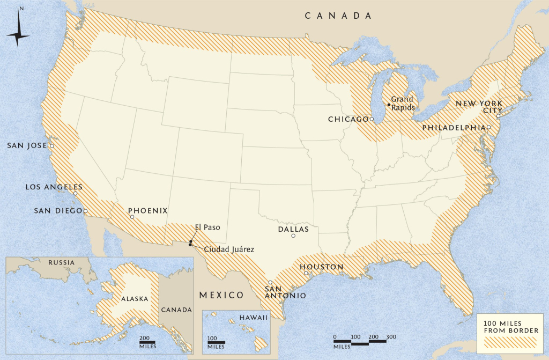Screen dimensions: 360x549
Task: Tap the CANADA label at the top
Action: click(338, 16)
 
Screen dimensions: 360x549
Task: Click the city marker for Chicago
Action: click(372, 119)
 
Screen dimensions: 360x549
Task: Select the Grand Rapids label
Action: click(402, 103)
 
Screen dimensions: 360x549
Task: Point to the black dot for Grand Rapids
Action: click(389, 105)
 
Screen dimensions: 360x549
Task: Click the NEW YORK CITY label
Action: click(479, 106)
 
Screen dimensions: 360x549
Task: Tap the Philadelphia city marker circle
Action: click(489, 128)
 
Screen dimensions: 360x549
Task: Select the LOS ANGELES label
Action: click(54, 187)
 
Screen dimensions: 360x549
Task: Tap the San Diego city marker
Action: click(85, 211)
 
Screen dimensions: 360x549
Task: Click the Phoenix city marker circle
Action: click(132, 217)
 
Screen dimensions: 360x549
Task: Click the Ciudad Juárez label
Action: click(229, 249)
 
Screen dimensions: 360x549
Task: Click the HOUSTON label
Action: click(321, 267)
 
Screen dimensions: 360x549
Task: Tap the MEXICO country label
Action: click(221, 295)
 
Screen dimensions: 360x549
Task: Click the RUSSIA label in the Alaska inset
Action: click(61, 263)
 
